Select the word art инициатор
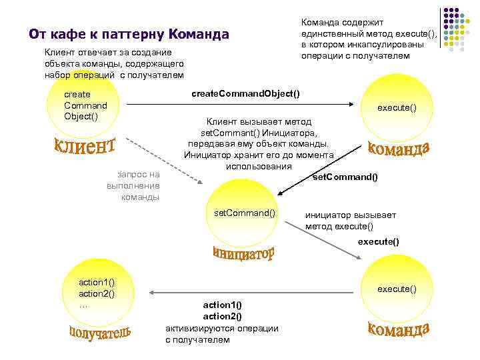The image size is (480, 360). (243, 254)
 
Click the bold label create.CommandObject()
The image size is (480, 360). (245, 93)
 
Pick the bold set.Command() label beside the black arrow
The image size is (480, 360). (345, 177)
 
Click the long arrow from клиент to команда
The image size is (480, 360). (240, 104)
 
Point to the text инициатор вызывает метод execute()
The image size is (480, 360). (351, 221)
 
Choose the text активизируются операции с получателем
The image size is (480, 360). (221, 334)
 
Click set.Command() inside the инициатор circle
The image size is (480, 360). (244, 213)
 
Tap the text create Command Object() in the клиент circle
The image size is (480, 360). (85, 105)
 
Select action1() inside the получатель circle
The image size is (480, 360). (97, 283)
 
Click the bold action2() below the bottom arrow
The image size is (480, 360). (222, 316)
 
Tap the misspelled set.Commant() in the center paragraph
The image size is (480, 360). (226, 133)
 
